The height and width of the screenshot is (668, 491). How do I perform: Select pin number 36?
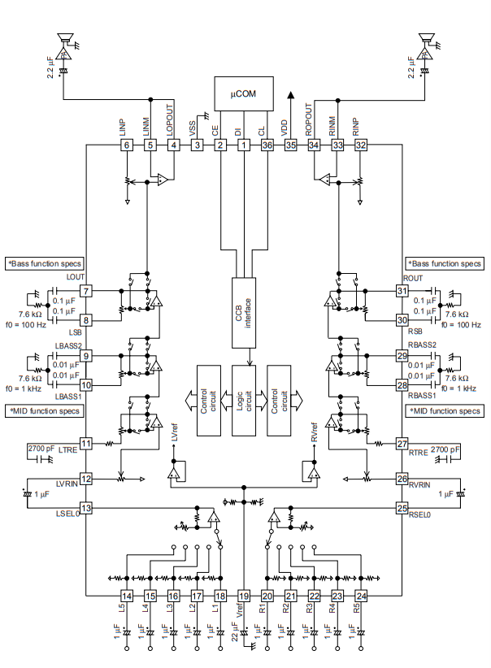267,145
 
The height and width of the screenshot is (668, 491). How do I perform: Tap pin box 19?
243,596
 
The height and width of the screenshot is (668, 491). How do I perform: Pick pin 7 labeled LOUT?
86,291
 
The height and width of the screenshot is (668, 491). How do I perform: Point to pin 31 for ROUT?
401,291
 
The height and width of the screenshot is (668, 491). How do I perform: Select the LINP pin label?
121,127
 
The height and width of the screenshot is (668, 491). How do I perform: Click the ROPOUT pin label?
309,119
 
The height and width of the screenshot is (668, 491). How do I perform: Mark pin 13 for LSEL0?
86,508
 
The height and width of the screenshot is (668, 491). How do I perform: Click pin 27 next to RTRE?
401,444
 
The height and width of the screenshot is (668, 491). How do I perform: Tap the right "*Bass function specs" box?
445,263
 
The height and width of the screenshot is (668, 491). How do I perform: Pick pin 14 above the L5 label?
126,596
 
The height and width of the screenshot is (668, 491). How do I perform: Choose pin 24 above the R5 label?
361,596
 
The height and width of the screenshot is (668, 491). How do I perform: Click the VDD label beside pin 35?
284,127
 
